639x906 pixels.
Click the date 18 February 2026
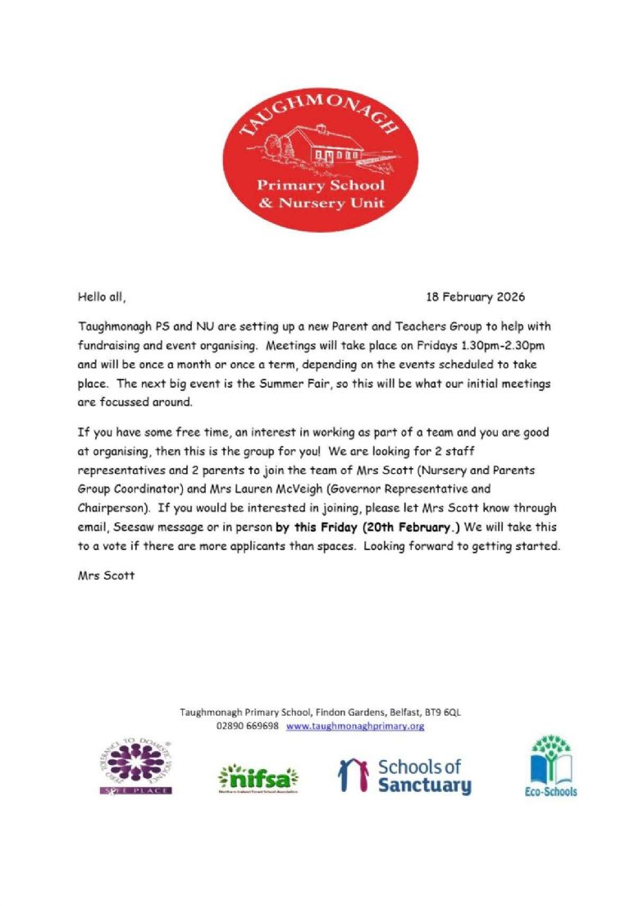point(476,296)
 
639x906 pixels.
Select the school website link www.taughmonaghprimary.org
point(355,726)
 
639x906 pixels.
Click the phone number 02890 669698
point(248,726)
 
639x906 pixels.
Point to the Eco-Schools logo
point(550,767)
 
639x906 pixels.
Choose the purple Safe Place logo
point(135,767)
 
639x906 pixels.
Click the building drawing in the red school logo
point(315,145)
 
